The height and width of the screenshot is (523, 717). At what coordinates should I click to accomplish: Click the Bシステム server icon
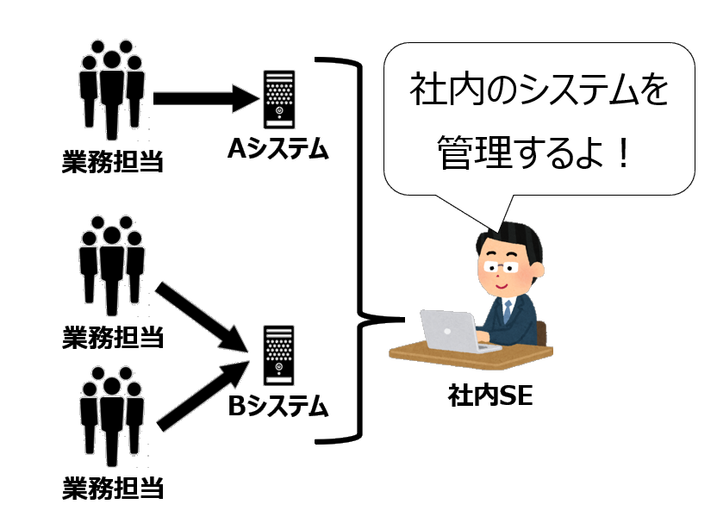click(x=278, y=354)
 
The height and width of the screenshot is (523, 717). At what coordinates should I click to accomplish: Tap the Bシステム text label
click(x=278, y=405)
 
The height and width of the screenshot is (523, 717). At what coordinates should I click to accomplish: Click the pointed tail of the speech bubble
click(x=492, y=215)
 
